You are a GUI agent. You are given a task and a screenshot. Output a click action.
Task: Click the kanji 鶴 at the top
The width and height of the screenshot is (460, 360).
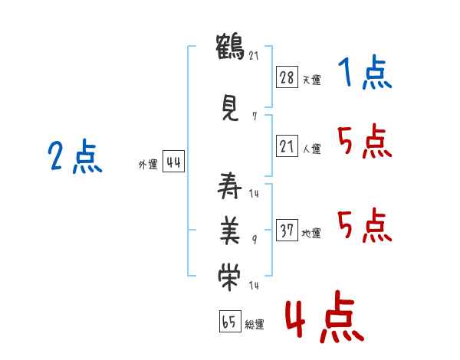(231, 47)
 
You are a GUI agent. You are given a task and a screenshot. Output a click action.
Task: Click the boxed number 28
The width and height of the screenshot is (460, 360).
(286, 77)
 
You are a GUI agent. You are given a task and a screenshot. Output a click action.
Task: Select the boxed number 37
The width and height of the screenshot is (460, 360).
(286, 231)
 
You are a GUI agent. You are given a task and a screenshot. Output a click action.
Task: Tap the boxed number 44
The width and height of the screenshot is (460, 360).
(172, 162)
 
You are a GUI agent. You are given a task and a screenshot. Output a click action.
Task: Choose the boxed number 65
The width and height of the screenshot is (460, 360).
(229, 322)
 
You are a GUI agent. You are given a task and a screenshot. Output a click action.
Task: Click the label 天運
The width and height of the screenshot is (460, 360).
(311, 80)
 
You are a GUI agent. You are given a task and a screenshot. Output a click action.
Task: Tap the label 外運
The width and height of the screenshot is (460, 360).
(147, 164)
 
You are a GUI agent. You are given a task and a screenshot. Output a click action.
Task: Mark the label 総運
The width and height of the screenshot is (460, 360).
(255, 325)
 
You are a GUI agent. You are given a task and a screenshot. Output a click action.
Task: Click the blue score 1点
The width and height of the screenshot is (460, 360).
(364, 73)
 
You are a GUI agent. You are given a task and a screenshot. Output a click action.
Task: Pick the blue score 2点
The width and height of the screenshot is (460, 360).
(74, 158)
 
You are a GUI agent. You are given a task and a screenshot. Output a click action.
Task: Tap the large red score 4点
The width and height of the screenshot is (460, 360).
(324, 319)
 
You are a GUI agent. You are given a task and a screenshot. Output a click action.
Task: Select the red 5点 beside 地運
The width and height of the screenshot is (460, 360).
(364, 225)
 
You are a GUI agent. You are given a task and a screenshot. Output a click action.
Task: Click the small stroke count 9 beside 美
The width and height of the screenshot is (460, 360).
(255, 241)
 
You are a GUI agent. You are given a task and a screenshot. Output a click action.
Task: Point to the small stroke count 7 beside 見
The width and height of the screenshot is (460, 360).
(254, 117)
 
